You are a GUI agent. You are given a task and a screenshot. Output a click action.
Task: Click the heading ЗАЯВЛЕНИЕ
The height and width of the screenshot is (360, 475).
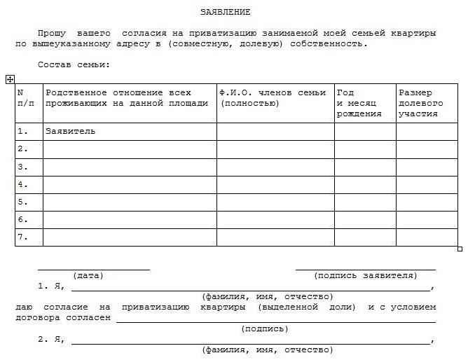(x=225, y=12)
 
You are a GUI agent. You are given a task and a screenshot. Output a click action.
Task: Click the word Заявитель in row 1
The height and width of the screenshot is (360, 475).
(x=70, y=131)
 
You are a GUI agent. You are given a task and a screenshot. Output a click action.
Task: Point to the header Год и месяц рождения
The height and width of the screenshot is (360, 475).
(x=359, y=102)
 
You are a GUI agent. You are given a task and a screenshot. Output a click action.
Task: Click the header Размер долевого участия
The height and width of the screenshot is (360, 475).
(x=420, y=102)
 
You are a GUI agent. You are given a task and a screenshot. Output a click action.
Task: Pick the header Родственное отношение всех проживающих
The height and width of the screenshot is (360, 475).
(x=127, y=97)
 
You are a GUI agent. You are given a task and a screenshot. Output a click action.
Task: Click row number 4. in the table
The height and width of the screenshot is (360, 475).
(x=22, y=184)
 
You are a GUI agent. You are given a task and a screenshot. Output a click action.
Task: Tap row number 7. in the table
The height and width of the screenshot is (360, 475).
(x=22, y=237)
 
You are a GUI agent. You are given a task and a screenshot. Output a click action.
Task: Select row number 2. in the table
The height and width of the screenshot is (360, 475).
(x=22, y=148)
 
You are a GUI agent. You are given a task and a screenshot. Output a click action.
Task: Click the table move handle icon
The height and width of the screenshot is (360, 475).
(x=10, y=79)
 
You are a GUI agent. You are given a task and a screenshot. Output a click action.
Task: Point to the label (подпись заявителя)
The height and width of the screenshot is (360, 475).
(x=365, y=275)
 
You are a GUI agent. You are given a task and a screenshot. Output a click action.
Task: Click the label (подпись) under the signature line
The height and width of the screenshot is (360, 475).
(x=264, y=328)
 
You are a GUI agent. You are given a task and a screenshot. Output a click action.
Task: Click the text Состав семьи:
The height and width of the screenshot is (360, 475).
(x=74, y=64)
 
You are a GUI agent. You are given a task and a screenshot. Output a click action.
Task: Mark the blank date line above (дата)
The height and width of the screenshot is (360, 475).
(x=93, y=268)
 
